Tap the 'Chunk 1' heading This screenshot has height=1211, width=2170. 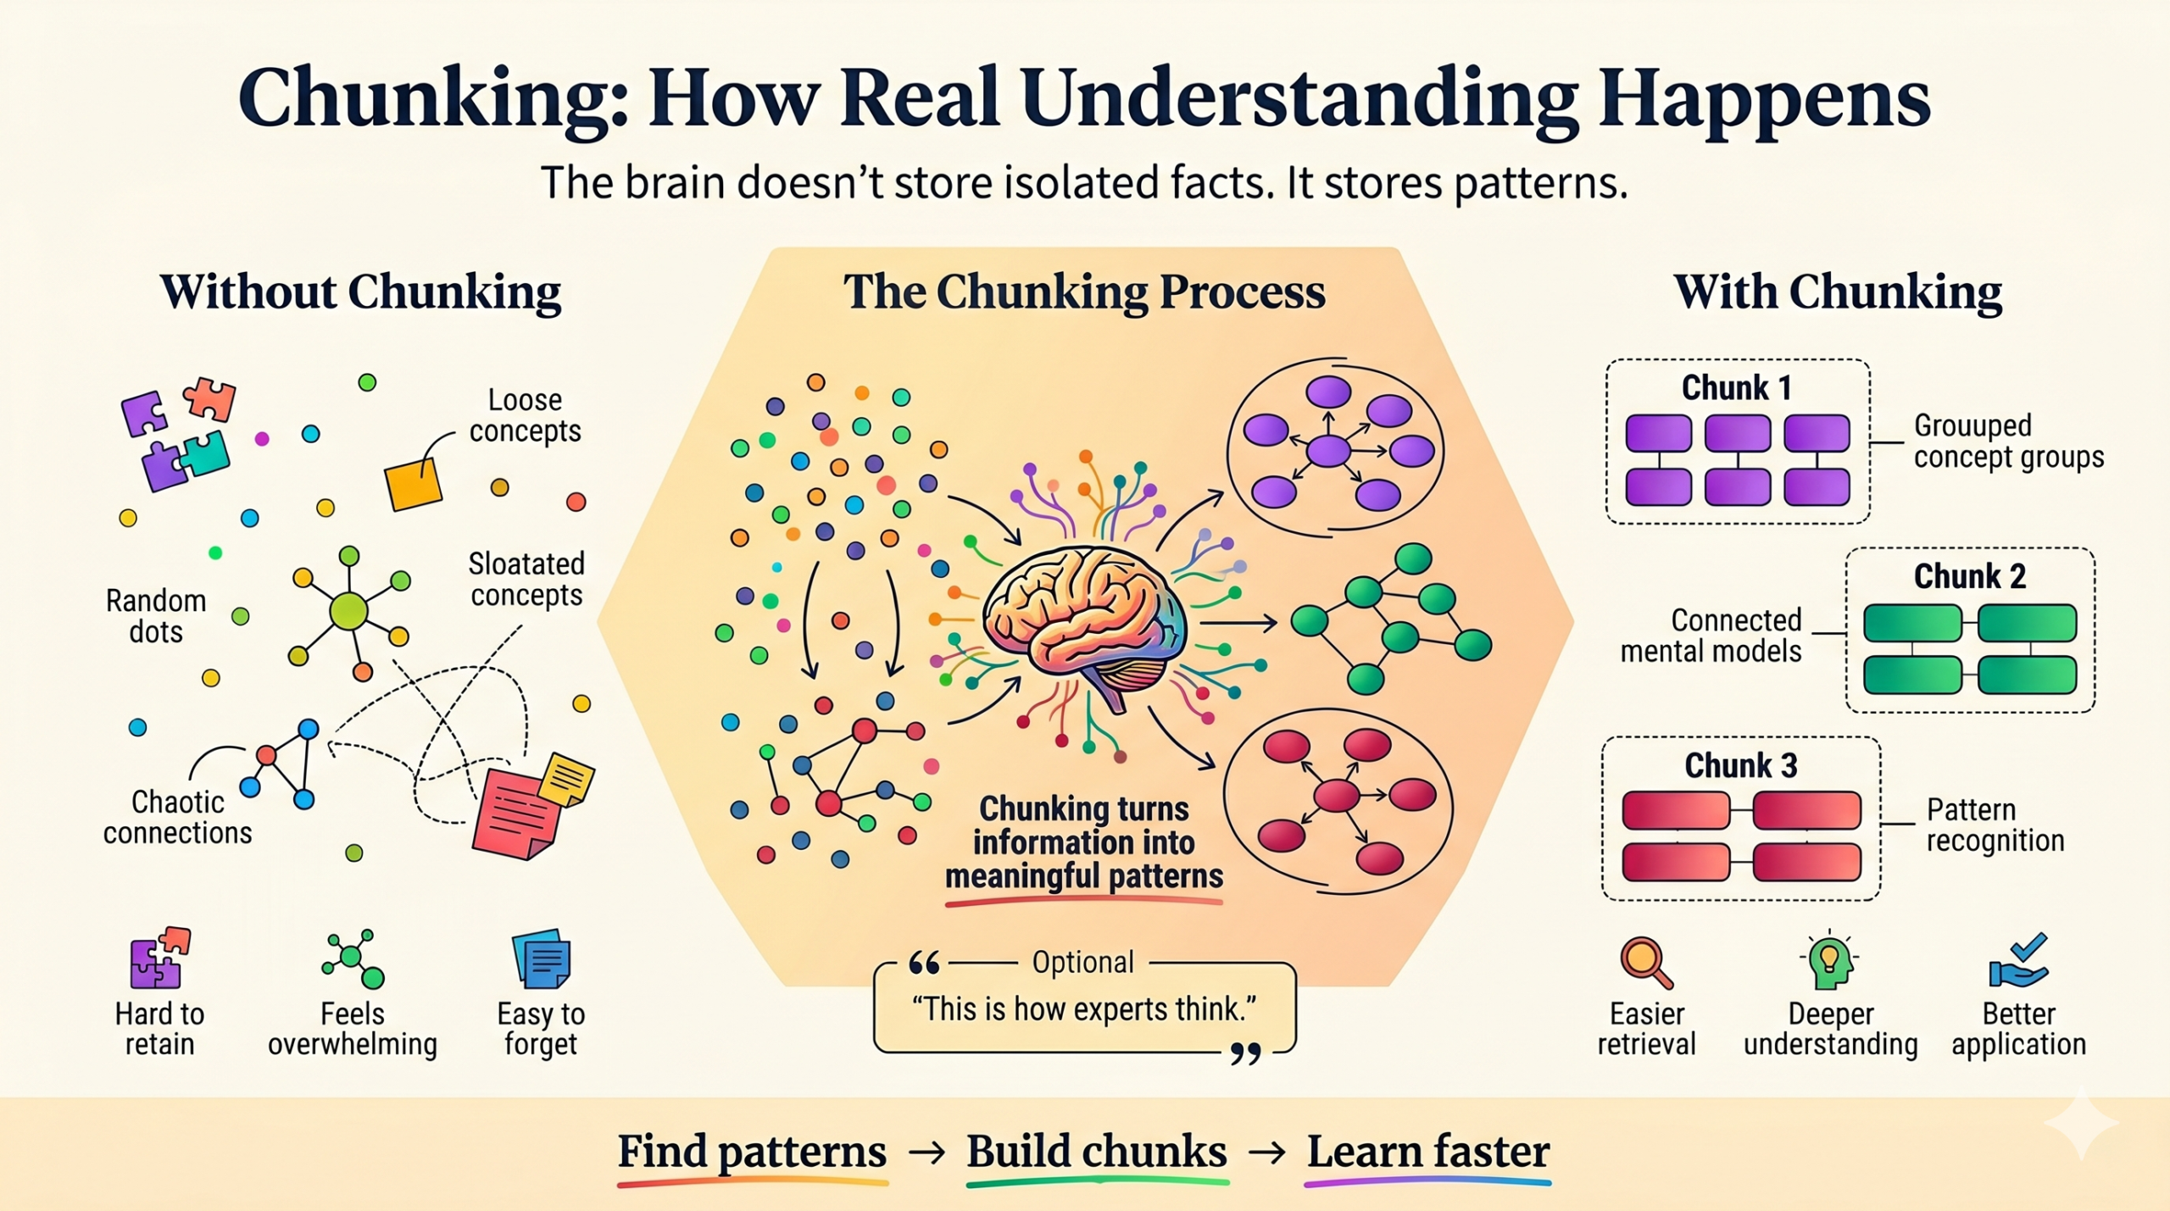tap(1736, 388)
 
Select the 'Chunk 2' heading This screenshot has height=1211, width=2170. tap(1969, 576)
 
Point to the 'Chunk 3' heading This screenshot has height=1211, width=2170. tap(1740, 765)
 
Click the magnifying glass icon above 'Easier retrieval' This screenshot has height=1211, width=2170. tap(1645, 963)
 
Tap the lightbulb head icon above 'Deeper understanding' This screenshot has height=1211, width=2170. tap(1828, 963)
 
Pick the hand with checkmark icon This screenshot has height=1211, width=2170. tap(2019, 961)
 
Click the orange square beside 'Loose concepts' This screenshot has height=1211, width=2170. tap(414, 485)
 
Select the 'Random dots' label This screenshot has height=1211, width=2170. tap(156, 616)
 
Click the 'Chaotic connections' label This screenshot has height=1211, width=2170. tap(177, 817)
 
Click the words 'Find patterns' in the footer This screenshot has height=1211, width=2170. tap(751, 1152)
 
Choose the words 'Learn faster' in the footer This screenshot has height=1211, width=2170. tap(1427, 1152)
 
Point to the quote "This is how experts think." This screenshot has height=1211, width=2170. tap(1083, 1009)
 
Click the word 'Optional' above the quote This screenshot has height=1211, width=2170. tap(1082, 963)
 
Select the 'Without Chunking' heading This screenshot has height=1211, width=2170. tap(360, 292)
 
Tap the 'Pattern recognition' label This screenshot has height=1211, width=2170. tap(1995, 825)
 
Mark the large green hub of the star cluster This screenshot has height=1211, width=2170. tap(348, 610)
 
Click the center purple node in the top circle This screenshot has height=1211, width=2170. tap(1327, 451)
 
